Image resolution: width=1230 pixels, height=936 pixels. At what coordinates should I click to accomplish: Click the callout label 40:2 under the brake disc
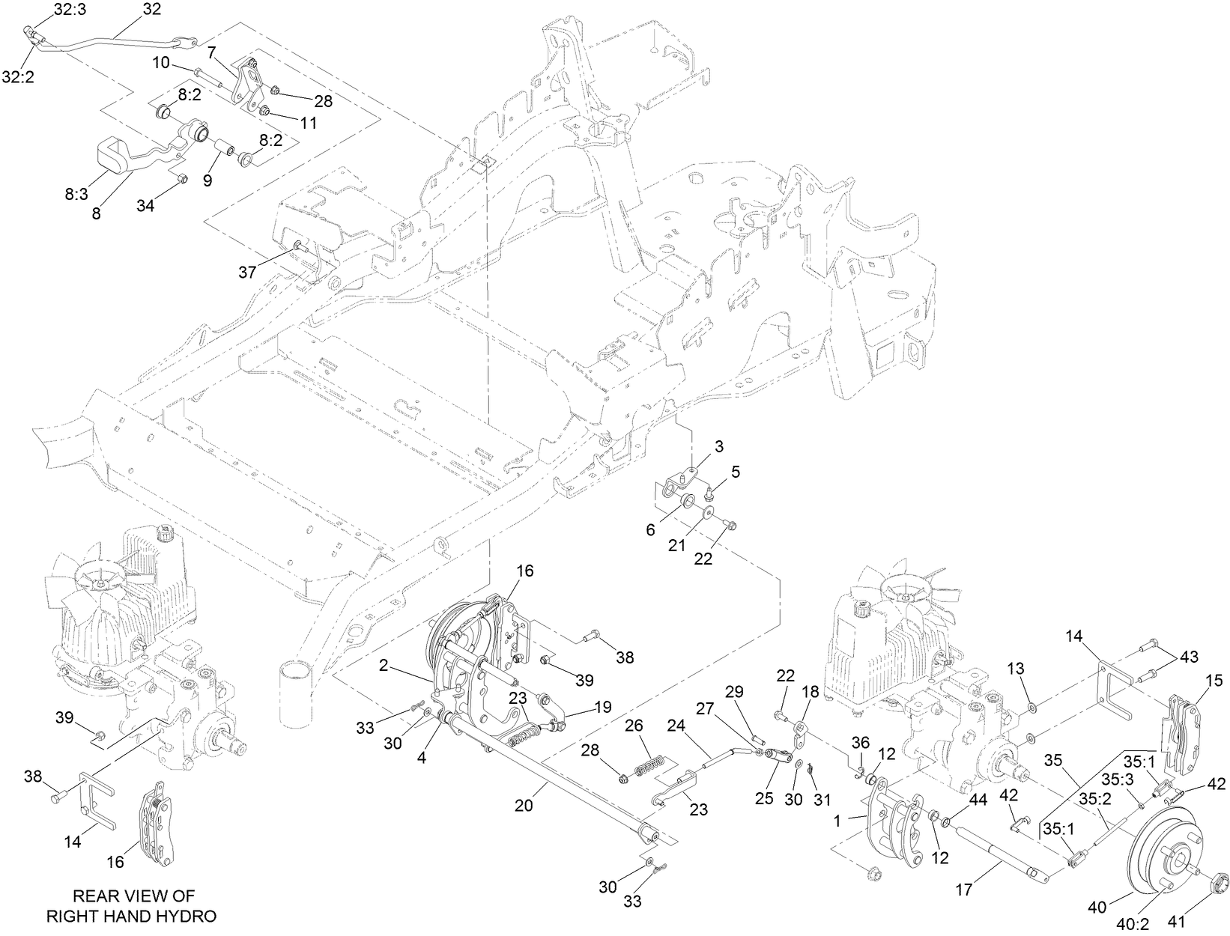(1131, 925)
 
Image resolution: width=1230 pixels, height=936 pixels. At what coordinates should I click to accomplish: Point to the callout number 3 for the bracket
(718, 447)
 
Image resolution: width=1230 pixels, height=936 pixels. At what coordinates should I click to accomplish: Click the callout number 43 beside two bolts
(1187, 657)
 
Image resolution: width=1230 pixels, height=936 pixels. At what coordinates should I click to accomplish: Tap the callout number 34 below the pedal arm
(145, 205)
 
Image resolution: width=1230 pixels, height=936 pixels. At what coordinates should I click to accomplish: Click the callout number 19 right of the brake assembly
(603, 706)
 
